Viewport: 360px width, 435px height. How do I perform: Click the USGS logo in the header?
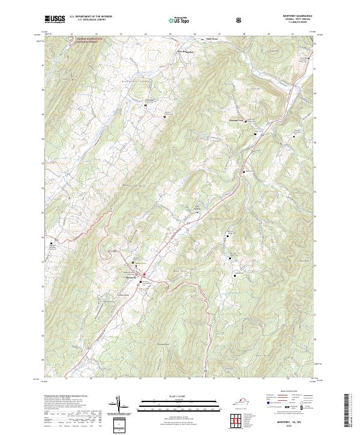pos(55,19)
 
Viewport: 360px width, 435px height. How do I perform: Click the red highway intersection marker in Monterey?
pos(145,275)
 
